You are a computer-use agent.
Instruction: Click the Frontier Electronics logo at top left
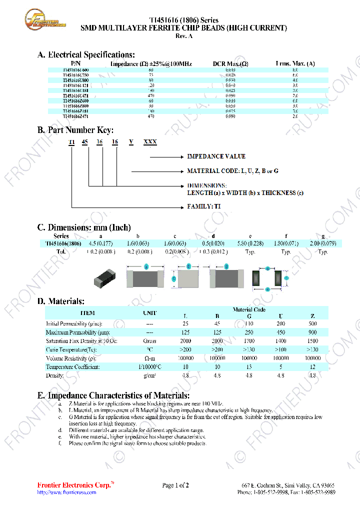click(45, 20)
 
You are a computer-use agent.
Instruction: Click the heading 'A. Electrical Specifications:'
click(86, 55)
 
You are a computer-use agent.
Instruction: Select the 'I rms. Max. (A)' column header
click(295, 64)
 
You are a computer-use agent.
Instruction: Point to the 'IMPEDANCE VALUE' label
click(216, 156)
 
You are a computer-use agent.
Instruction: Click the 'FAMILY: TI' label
click(204, 206)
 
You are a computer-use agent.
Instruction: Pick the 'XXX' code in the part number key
click(150, 142)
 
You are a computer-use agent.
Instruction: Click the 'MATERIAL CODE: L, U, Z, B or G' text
click(232, 171)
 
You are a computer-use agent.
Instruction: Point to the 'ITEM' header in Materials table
click(87, 313)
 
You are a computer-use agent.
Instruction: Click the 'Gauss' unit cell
click(149, 341)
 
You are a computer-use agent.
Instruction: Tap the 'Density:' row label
click(55, 375)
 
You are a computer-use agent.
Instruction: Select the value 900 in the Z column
click(312, 332)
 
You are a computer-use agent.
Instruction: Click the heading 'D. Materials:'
click(61, 301)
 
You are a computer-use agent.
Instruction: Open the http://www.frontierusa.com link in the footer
click(66, 492)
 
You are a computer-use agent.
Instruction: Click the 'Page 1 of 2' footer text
click(175, 485)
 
